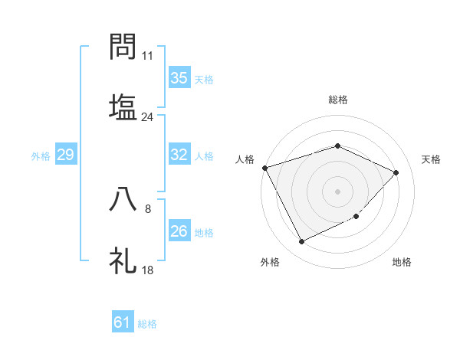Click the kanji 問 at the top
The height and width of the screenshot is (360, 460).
pos(123,47)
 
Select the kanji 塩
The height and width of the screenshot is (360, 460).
pos(123,106)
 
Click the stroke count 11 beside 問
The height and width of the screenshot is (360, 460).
pos(148,57)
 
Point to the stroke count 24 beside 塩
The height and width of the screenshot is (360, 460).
pos(148,117)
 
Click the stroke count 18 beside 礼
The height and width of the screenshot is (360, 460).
pos(148,270)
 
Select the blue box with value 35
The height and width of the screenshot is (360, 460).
pos(179,78)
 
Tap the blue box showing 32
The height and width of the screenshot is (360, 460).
pos(179,155)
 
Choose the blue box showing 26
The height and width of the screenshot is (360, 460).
pos(179,231)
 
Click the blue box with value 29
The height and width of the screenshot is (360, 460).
pos(65,155)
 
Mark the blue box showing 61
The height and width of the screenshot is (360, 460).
pos(123,322)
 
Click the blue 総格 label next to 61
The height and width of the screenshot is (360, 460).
pos(148,324)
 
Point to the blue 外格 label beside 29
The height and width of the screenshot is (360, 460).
pos(41,156)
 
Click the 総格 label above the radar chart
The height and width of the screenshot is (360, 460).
pos(338,100)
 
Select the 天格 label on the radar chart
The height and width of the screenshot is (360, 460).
pos(432,159)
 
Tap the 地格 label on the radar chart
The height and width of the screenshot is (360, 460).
pos(402,262)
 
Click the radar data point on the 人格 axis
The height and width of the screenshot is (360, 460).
pos(264,168)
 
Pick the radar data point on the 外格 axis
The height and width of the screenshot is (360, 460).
pos(301,242)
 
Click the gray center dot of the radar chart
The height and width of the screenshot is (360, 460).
pos(337,191)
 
